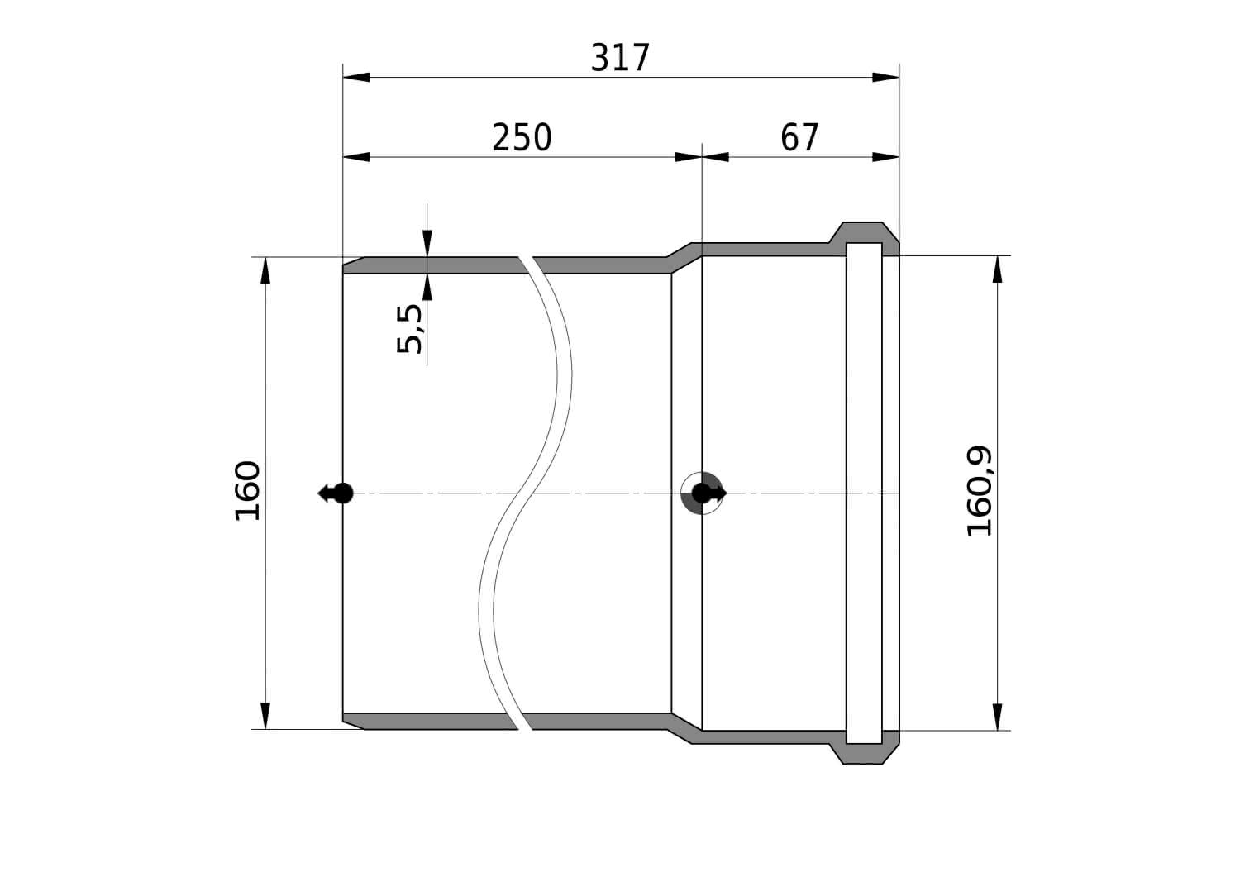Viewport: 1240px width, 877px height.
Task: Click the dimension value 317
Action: tap(620, 58)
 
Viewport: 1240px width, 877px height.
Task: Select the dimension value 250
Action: tap(522, 137)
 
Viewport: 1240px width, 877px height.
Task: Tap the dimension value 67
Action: tap(799, 137)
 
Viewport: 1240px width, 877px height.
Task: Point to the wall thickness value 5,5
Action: tap(410, 329)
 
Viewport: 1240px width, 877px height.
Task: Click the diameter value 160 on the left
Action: tap(247, 490)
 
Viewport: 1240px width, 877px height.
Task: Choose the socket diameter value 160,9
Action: tap(980, 491)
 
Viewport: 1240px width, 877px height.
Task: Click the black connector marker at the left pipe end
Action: tap(336, 493)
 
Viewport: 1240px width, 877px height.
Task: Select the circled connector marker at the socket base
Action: tap(703, 493)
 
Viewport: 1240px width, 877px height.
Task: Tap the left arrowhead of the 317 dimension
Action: tap(356, 77)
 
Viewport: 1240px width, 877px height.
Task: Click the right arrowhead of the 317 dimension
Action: tap(885, 77)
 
